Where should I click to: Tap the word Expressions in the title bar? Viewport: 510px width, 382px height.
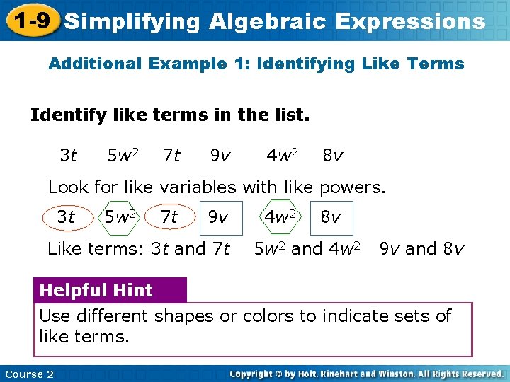point(410,21)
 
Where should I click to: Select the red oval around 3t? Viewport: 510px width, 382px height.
point(67,218)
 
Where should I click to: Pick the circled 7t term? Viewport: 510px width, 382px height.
point(170,218)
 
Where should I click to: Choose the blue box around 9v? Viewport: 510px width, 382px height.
point(220,218)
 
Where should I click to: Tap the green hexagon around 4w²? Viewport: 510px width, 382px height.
point(281,218)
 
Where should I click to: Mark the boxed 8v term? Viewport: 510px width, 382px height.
point(331,218)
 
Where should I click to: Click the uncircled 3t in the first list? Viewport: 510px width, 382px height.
point(69,154)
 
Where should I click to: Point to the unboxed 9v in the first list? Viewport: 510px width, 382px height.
point(220,154)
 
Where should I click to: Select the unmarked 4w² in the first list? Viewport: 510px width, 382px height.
point(282,154)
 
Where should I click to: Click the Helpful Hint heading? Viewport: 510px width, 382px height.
point(96,290)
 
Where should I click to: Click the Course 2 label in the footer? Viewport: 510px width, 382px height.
point(29,374)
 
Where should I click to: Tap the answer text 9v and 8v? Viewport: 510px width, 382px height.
point(421,249)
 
